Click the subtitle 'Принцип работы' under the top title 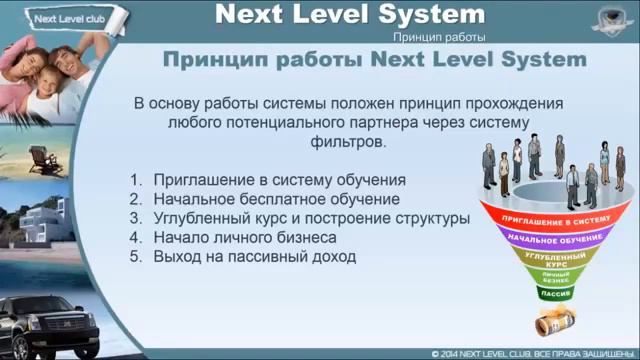tap(439, 36)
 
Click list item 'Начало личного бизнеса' tap(244, 237)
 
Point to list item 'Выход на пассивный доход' tap(254, 256)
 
